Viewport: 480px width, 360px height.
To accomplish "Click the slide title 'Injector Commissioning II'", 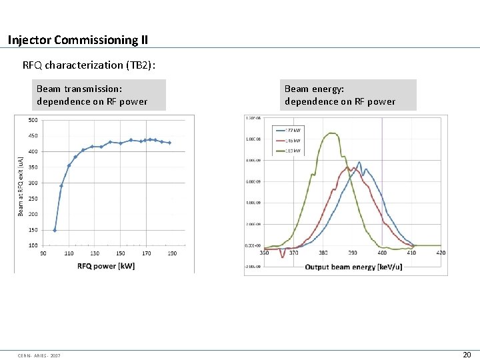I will click(x=78, y=40).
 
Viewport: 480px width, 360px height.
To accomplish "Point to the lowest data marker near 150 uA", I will click(x=55, y=230).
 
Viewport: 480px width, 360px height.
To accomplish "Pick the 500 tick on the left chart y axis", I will click(x=33, y=121).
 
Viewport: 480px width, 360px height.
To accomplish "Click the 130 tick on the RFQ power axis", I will click(x=95, y=253).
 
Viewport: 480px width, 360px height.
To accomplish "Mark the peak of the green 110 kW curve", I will click(x=331, y=133).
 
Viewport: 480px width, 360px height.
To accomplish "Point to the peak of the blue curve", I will click(x=359, y=162).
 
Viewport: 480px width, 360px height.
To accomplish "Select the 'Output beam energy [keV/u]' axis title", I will click(x=353, y=267).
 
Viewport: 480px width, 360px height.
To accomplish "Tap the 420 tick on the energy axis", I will click(x=441, y=253).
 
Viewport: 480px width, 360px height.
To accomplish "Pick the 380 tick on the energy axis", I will click(x=323, y=253).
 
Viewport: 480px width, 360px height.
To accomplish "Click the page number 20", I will click(x=467, y=355).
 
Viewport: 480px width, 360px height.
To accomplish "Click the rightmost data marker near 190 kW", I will click(x=169, y=143).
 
